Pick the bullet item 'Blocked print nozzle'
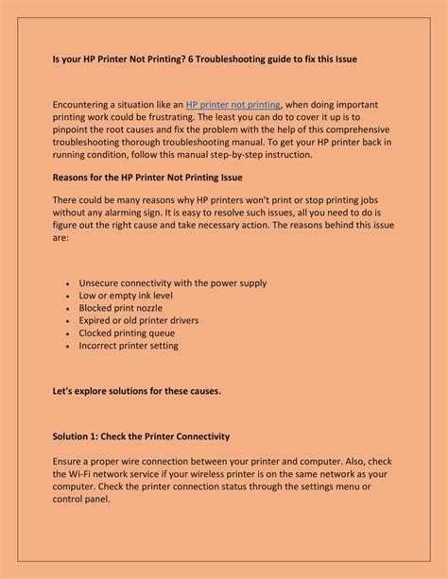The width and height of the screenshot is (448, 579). point(121,308)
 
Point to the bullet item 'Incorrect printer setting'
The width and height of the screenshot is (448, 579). point(129,347)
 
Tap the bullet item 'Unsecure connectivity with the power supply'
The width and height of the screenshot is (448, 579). point(173,282)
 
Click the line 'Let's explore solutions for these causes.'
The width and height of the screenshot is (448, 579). point(136,391)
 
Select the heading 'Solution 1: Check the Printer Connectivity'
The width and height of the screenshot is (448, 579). point(140,436)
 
